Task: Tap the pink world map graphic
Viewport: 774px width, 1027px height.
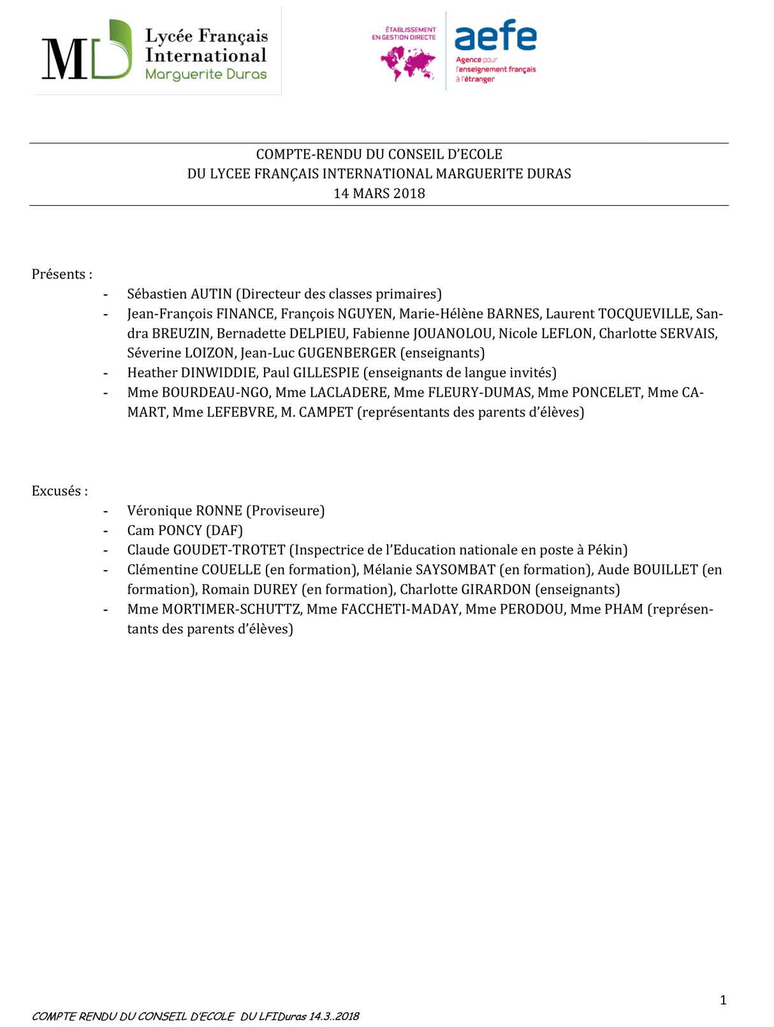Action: [x=408, y=64]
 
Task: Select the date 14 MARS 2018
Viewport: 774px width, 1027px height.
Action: [x=379, y=194]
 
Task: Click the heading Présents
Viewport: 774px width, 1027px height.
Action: [x=62, y=275]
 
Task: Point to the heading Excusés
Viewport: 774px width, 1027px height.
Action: [x=59, y=491]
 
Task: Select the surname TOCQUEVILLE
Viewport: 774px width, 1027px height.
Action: [x=644, y=314]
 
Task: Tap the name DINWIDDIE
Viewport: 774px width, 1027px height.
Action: [x=219, y=373]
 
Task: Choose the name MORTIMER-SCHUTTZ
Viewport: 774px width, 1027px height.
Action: [x=231, y=610]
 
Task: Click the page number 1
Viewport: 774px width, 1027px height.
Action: [x=723, y=1000]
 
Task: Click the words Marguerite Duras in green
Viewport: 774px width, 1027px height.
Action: [x=206, y=75]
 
